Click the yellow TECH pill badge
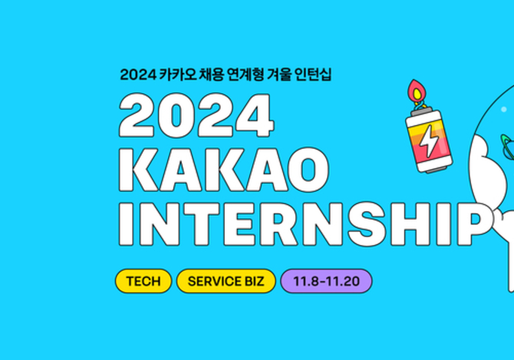coord(143,281)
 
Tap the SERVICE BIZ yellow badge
coord(226,281)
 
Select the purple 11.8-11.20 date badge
coord(326,281)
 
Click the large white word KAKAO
coord(224,170)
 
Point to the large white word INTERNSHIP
coord(305,224)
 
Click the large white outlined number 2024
coord(196,115)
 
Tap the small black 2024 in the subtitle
coord(137,74)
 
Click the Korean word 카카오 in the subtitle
coord(178,74)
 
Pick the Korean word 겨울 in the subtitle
coord(279,74)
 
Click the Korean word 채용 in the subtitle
coord(212,74)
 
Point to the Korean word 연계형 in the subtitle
coord(245,74)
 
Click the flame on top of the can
coord(417,91)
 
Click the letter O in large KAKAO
coord(308,170)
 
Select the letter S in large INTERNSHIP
coord(367,224)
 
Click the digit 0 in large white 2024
coord(176,115)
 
